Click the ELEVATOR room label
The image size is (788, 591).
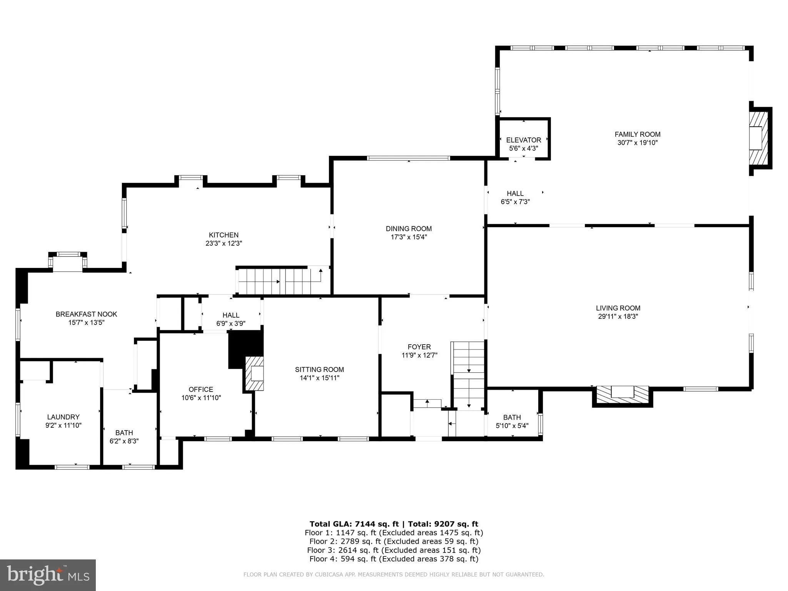click(523, 140)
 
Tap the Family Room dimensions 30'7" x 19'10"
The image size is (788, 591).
click(637, 143)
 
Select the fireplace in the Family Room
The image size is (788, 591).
click(758, 138)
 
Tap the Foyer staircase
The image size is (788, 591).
click(468, 375)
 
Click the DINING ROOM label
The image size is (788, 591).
click(409, 229)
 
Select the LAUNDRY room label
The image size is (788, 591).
click(63, 417)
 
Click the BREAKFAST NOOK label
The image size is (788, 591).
click(86, 314)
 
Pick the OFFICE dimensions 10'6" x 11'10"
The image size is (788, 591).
click(201, 398)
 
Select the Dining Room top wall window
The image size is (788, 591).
click(408, 158)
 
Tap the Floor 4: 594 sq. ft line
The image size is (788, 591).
click(394, 559)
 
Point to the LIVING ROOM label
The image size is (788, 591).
click(618, 308)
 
